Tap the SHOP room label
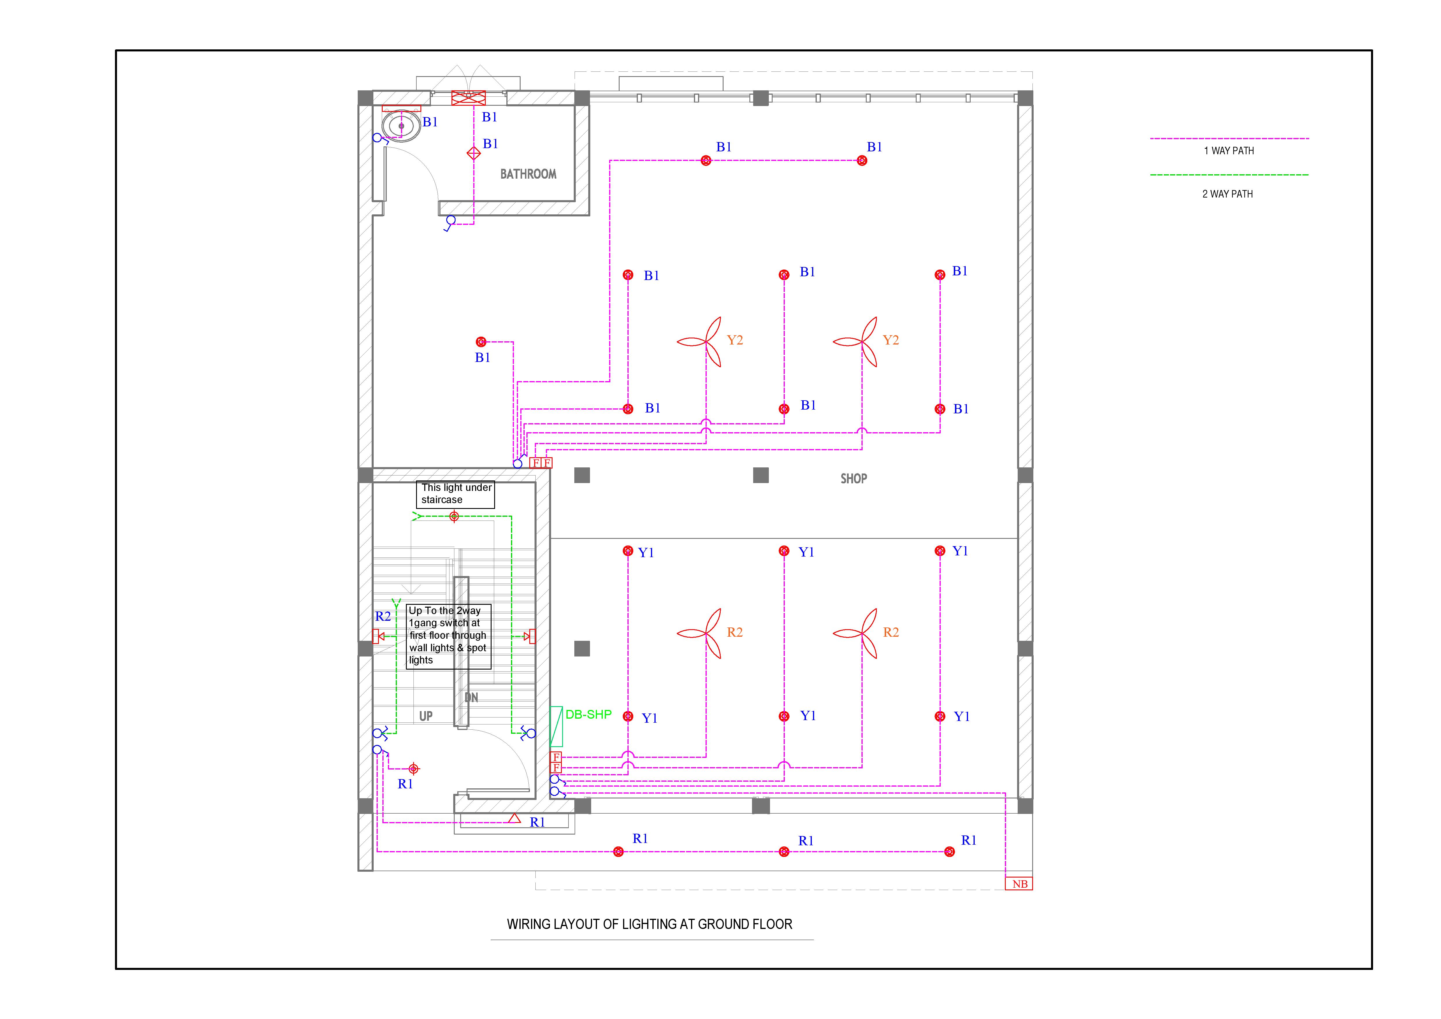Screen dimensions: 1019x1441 coord(854,478)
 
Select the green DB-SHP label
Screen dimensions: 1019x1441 coord(588,715)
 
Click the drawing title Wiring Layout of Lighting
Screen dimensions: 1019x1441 coord(650,924)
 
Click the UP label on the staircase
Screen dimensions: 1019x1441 coord(426,716)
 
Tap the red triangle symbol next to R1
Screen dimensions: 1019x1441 coord(514,818)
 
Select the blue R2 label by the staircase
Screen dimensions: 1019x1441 coord(383,617)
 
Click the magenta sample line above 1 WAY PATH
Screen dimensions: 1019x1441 coord(1229,138)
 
